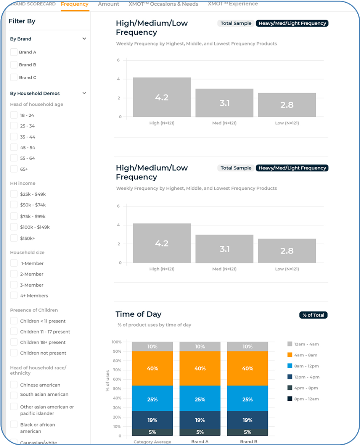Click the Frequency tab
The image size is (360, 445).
75,4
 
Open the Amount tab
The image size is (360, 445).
109,4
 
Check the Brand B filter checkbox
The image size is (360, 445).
14,65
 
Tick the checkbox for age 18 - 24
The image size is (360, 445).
14,115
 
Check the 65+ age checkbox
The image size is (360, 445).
14,169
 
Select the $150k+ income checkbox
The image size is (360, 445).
14,238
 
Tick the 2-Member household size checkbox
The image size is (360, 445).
14,274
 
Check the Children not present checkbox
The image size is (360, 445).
14,353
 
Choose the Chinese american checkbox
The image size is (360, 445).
14,385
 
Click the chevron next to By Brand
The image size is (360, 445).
84,39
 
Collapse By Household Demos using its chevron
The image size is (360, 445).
84,93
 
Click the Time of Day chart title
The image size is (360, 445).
138,314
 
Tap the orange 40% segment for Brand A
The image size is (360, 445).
200,368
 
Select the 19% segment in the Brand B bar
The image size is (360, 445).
247,420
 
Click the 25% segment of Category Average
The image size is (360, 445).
153,399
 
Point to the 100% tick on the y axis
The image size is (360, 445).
116,342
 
